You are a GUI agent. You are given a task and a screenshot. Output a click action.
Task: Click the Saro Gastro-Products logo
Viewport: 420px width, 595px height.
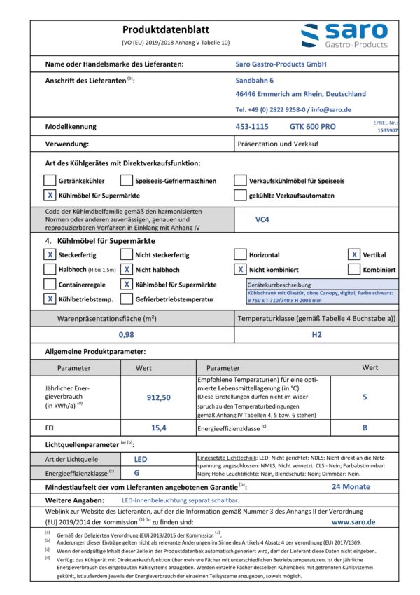tap(344, 36)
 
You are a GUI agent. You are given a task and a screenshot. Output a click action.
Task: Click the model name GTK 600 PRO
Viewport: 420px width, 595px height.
tap(312, 127)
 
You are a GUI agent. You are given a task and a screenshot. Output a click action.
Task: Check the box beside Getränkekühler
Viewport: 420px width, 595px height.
tap(50, 180)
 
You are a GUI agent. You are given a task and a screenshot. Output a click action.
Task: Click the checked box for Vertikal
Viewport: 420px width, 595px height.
tap(355, 254)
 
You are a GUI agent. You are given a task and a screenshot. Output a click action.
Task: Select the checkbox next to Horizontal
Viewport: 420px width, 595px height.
tap(240, 254)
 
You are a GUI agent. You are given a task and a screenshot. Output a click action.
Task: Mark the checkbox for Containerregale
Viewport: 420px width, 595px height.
tap(50, 284)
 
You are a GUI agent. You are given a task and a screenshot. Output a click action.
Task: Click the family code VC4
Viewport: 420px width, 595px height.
tap(263, 218)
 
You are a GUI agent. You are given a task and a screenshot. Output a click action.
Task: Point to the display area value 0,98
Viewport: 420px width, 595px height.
tap(126, 334)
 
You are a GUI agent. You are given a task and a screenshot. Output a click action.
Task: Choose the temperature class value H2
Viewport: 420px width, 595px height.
tap(316, 334)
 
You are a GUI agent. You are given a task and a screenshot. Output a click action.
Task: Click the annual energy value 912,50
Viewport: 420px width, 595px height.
tap(158, 397)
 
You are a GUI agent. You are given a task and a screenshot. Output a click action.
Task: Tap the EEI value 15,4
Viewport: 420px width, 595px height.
tap(158, 427)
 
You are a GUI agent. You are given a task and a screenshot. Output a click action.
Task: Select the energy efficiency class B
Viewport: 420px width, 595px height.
tap(365, 427)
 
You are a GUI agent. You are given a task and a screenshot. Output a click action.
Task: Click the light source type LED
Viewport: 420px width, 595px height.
tap(140, 459)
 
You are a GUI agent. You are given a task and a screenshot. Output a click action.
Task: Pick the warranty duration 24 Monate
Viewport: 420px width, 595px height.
tap(351, 486)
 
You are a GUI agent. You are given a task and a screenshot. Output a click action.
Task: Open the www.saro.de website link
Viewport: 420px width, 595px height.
tap(353, 521)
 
